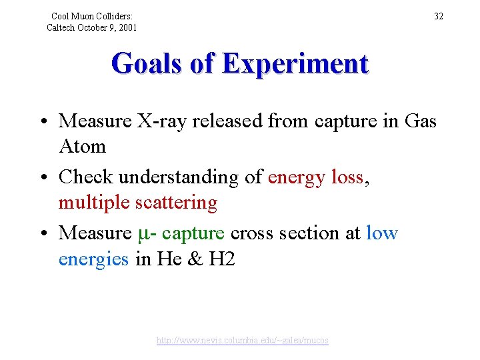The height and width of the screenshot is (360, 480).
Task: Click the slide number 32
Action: point(439,16)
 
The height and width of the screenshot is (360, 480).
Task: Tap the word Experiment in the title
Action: point(295,64)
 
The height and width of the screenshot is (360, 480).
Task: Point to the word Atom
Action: point(82,145)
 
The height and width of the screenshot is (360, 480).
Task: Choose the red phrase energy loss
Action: point(315,177)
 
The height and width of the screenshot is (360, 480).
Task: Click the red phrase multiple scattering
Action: point(138,203)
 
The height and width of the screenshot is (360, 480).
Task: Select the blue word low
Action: point(382,233)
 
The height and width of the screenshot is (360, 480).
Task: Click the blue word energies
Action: point(93,259)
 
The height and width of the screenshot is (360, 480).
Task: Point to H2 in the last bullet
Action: point(222,259)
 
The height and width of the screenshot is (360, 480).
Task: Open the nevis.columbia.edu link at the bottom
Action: point(243,341)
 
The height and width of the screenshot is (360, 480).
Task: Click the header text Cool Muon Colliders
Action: point(92,16)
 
